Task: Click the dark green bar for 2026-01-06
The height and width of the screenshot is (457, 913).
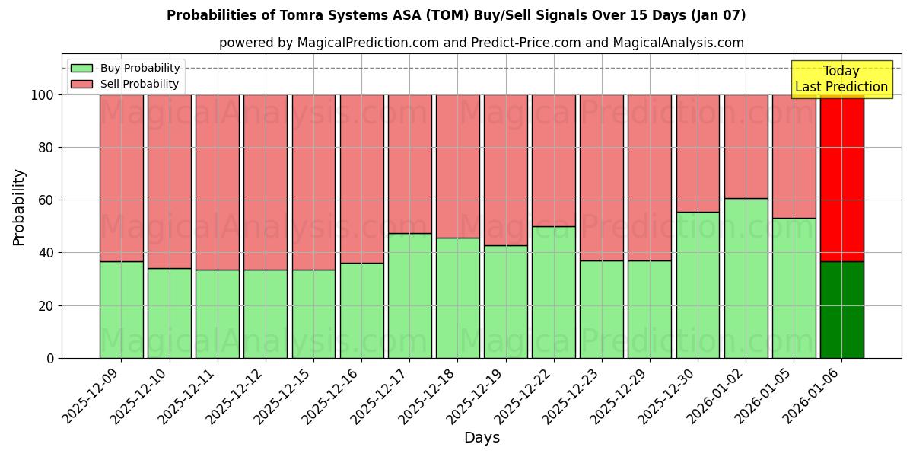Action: click(x=841, y=310)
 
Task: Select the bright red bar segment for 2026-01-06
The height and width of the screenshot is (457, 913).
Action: click(x=841, y=178)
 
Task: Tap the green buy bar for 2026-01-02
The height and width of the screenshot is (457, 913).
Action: click(x=746, y=278)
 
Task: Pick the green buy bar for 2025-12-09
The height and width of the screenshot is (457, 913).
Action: click(x=121, y=310)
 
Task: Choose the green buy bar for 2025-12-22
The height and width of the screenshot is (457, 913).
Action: click(x=553, y=292)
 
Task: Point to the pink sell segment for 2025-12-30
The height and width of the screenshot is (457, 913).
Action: click(x=698, y=153)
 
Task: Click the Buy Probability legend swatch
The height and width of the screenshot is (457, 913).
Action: click(x=81, y=69)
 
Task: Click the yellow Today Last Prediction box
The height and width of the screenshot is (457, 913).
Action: click(x=841, y=79)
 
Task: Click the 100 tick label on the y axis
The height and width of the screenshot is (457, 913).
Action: click(x=43, y=95)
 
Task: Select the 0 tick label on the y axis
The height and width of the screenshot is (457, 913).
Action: click(x=50, y=358)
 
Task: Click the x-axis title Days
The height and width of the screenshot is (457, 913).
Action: click(x=482, y=438)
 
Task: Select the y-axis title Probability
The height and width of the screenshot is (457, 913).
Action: click(x=19, y=206)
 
